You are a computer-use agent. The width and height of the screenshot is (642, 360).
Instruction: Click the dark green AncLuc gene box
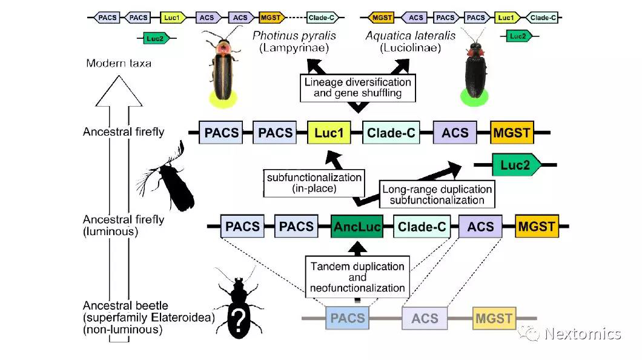(x=357, y=227)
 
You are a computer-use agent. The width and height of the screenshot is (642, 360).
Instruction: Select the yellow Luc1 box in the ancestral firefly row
(x=329, y=132)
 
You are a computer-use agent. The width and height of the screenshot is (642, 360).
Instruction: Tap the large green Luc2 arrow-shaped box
(x=515, y=164)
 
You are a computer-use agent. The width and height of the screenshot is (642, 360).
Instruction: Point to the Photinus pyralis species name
(x=294, y=36)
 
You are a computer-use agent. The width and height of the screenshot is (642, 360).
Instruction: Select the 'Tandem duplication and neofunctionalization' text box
(x=357, y=277)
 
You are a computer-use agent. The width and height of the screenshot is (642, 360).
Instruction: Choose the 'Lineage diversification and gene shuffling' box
(x=358, y=88)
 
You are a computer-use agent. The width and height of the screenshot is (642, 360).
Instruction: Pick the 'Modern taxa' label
(x=118, y=63)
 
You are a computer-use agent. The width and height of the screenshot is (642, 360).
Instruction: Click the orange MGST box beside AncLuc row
(x=537, y=227)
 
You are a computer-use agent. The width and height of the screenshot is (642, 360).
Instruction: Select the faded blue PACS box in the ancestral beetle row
(x=348, y=318)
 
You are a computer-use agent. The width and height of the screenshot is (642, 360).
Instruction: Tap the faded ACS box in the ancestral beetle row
(x=424, y=318)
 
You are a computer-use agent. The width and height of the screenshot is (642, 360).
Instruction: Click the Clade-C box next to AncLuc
(x=421, y=227)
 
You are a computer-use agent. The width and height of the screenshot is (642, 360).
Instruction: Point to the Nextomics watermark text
(x=582, y=333)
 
